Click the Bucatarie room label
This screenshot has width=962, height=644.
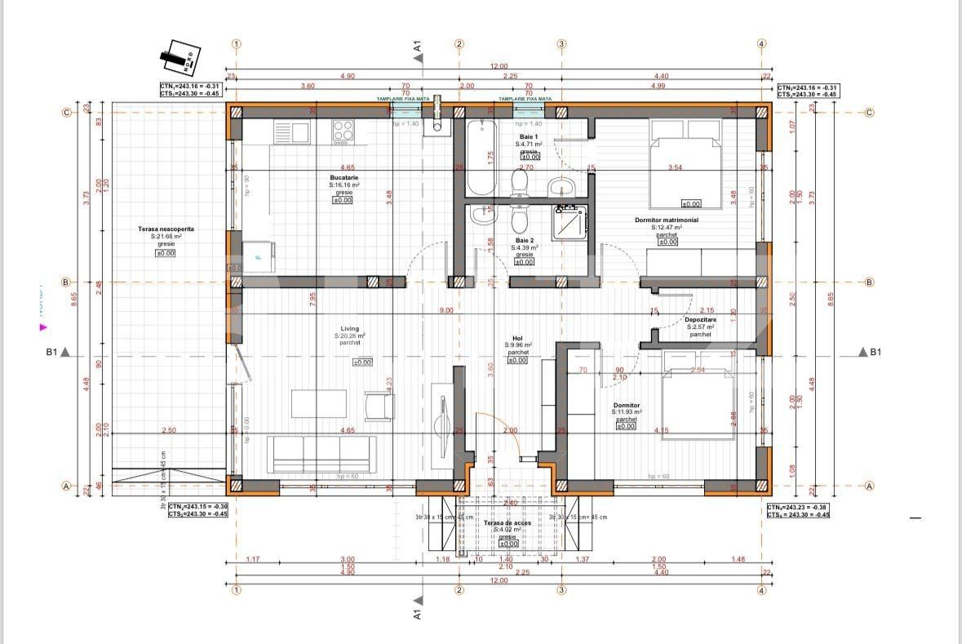pos(344,177)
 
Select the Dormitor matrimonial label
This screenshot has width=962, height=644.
pos(667,220)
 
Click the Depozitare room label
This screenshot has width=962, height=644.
pos(699,320)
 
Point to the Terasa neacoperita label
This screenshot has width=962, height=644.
pos(166,229)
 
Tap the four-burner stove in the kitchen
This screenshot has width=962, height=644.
pos(344,130)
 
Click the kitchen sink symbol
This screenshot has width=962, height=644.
pos(292,130)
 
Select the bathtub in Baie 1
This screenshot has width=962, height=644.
pos(481,157)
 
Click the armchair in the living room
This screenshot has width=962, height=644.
pos(379,405)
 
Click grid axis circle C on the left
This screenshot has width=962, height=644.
pos(67,113)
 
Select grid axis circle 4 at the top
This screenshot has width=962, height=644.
pos(761,44)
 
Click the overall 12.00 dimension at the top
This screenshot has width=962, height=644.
pos(499,67)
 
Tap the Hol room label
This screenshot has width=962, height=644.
pos(517,337)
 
